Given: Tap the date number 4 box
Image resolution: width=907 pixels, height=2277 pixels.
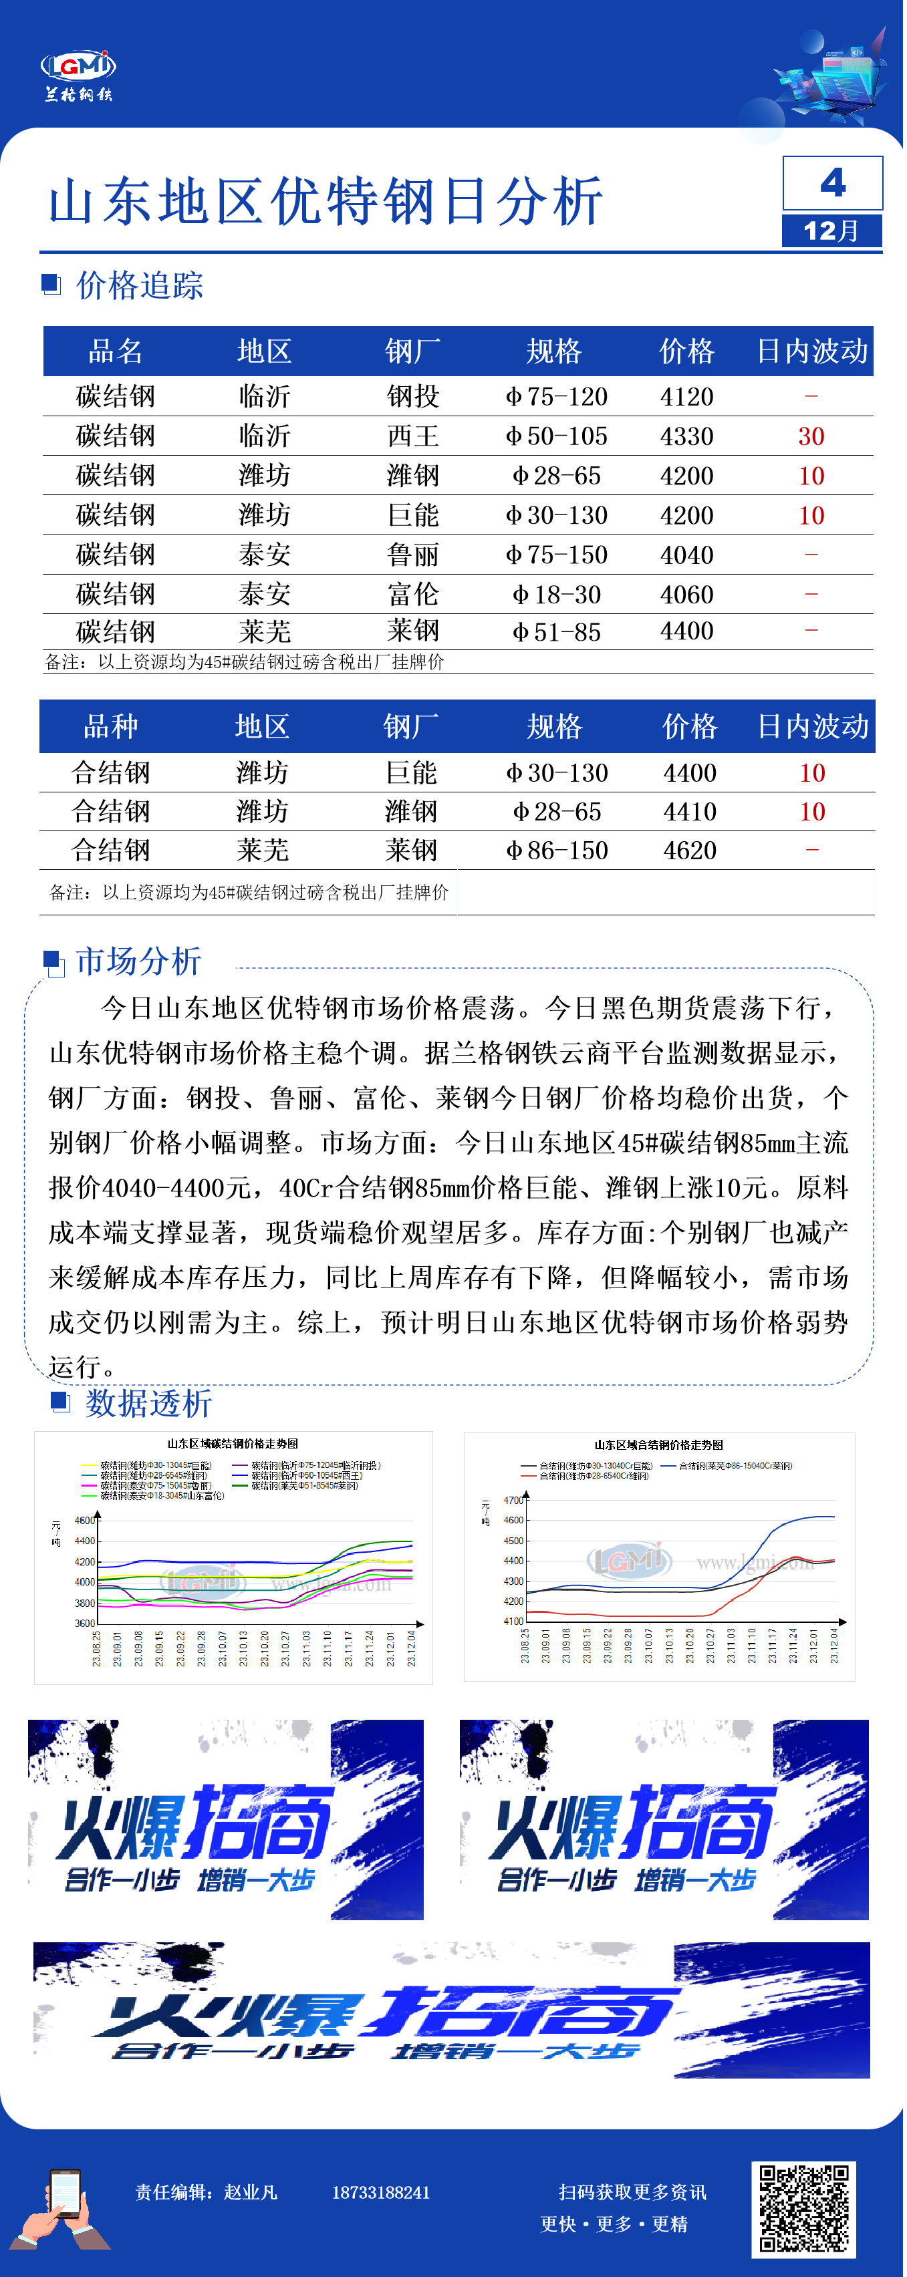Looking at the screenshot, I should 832,183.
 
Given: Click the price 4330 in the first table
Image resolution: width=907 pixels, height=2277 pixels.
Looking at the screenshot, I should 686,436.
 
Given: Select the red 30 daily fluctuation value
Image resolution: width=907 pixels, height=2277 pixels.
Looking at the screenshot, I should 811,436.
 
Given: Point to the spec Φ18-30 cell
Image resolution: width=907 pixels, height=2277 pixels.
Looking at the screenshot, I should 556,595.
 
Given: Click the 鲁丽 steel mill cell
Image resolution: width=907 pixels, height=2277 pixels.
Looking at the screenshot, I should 413,555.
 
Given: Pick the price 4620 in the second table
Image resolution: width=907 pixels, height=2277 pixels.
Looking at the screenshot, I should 690,851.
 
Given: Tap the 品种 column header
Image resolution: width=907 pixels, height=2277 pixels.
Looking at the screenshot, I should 110,726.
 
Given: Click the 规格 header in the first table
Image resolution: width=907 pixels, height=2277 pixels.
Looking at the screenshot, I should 554,351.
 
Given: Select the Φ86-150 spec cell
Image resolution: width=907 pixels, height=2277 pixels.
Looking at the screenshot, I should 556,851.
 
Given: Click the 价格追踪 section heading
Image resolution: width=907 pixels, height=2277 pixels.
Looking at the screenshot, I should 140,285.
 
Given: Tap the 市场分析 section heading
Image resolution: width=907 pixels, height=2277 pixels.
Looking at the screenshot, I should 139,961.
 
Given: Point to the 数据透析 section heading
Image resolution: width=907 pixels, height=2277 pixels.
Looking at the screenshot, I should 148,1403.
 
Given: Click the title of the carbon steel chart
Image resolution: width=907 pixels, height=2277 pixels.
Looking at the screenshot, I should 233,1443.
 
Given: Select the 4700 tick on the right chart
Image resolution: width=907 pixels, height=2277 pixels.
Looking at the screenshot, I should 513,1500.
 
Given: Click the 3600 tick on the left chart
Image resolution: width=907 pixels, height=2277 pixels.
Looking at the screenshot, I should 84,1624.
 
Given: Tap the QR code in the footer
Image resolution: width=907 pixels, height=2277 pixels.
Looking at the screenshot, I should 803,2208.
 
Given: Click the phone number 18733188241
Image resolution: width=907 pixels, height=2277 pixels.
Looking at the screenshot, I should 380,2192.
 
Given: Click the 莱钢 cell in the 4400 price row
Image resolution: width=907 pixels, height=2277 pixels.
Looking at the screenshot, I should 413,631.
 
